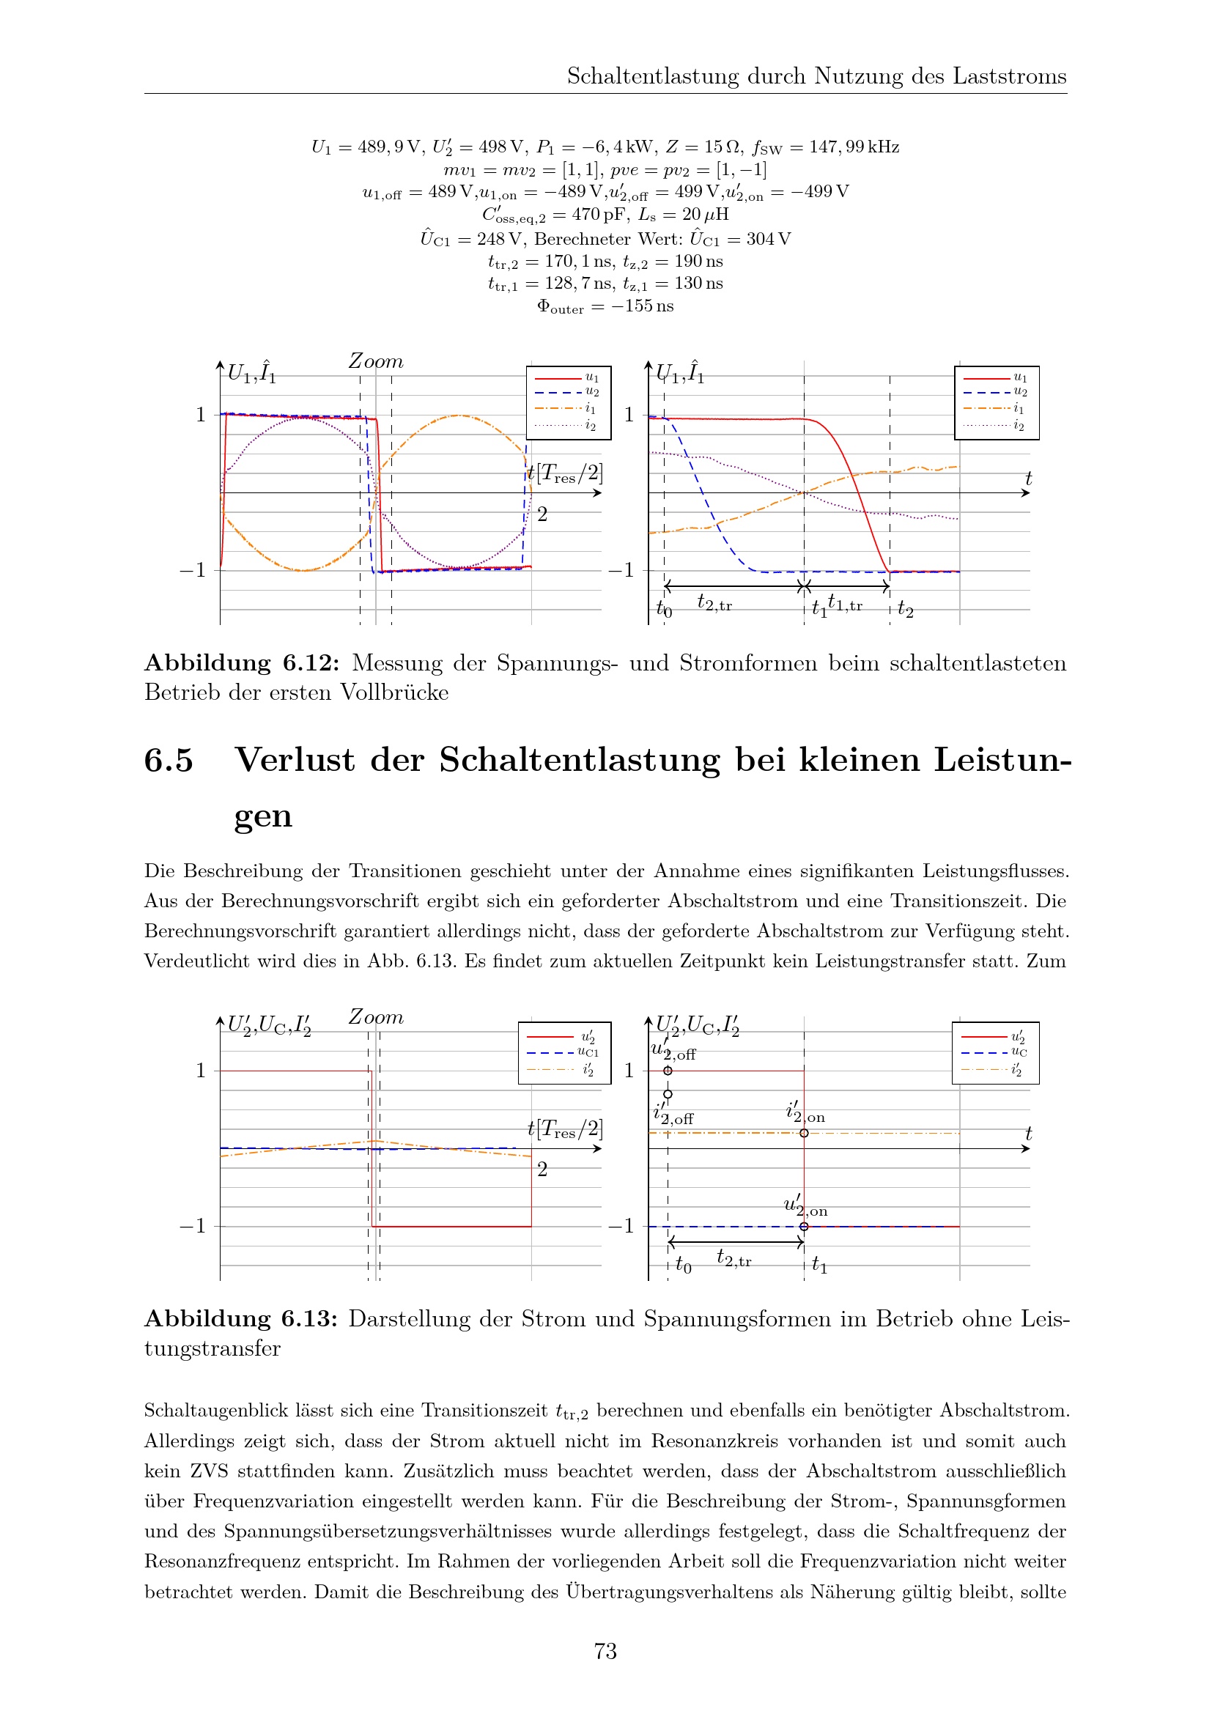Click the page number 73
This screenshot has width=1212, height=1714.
point(605,1650)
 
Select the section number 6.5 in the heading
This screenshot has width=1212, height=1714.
point(169,760)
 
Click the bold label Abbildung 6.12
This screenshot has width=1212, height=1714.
point(242,663)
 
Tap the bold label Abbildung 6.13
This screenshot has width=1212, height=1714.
point(241,1318)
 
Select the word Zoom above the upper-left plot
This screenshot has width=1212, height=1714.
point(375,361)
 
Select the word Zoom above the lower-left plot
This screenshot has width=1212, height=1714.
point(375,1017)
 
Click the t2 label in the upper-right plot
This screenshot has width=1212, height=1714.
point(905,609)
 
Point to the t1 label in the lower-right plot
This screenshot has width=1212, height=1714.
point(819,1264)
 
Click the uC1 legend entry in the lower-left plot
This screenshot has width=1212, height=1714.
point(588,1052)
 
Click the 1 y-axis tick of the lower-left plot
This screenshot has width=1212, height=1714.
point(200,1071)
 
